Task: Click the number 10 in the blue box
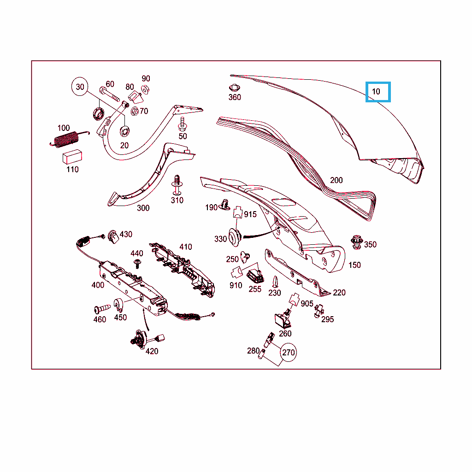pyautogui.click(x=376, y=92)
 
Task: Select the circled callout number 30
pyautogui.click(x=80, y=87)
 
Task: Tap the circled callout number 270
pyautogui.click(x=289, y=352)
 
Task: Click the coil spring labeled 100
pyautogui.click(x=68, y=140)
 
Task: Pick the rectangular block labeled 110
pyautogui.click(x=72, y=157)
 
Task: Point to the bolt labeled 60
pyautogui.click(x=109, y=94)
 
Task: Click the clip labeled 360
pyautogui.click(x=234, y=88)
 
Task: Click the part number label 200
pyautogui.click(x=336, y=180)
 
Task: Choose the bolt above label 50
pyautogui.click(x=183, y=124)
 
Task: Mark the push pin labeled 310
pyautogui.click(x=177, y=185)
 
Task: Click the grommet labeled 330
pyautogui.click(x=235, y=237)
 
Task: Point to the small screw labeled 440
pyautogui.click(x=138, y=264)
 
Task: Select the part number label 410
pyautogui.click(x=186, y=247)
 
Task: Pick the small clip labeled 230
pyautogui.click(x=275, y=282)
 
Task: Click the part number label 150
pyautogui.click(x=354, y=265)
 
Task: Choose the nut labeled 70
pyautogui.click(x=135, y=112)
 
